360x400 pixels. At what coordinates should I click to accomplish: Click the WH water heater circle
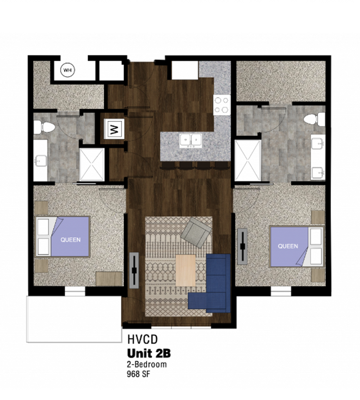(x=67, y=70)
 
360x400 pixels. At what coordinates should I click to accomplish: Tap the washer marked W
(x=113, y=129)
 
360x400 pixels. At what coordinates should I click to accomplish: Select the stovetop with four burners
(x=222, y=105)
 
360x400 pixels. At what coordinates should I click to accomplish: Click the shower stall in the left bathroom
(x=91, y=165)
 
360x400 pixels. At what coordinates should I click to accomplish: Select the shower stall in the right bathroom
(x=248, y=161)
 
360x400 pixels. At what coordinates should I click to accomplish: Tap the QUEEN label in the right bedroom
(x=287, y=246)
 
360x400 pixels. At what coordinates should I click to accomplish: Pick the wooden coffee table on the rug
(x=185, y=270)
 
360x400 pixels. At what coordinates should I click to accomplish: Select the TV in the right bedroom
(x=242, y=246)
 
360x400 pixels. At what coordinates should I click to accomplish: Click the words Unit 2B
(x=149, y=354)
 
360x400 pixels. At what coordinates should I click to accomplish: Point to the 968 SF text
(x=138, y=374)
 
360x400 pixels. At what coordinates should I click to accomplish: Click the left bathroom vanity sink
(x=40, y=160)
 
